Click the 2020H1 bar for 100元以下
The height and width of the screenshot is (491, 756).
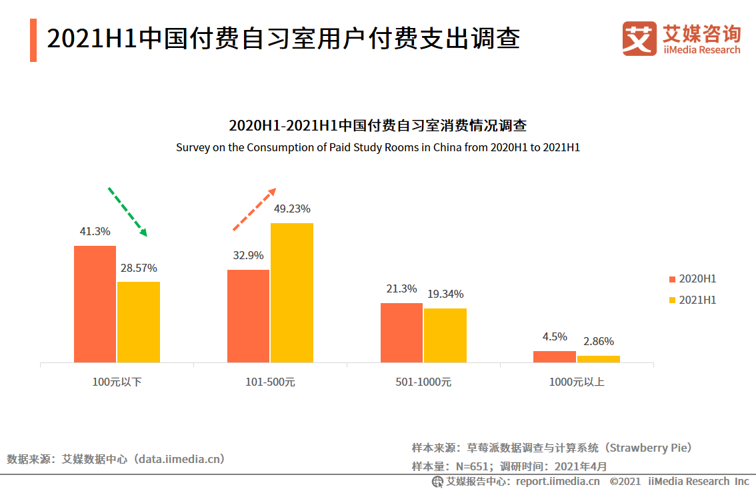[x=95, y=304]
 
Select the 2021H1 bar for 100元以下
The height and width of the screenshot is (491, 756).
[x=139, y=322]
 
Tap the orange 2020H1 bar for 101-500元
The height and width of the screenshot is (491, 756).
[x=248, y=316]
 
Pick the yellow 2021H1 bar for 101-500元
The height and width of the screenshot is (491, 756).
[x=291, y=292]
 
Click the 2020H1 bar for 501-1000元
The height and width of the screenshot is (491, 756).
[x=401, y=332]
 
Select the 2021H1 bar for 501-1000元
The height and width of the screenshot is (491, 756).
[x=445, y=335]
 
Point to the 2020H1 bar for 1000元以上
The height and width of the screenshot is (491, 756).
[x=554, y=356]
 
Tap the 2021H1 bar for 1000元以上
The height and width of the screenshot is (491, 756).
[x=598, y=359]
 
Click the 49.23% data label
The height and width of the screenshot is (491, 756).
[x=291, y=209]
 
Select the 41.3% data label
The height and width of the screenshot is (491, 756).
[x=95, y=231]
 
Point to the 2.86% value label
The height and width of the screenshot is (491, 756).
[x=598, y=341]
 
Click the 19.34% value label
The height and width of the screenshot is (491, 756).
[x=445, y=294]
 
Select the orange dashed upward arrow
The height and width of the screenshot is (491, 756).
[x=254, y=209]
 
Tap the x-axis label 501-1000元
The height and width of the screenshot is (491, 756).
[x=423, y=382]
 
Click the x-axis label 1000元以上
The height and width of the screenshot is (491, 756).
[x=577, y=382]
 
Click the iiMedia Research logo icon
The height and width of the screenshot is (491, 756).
[x=639, y=39]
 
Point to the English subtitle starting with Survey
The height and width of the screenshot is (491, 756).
[x=377, y=147]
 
